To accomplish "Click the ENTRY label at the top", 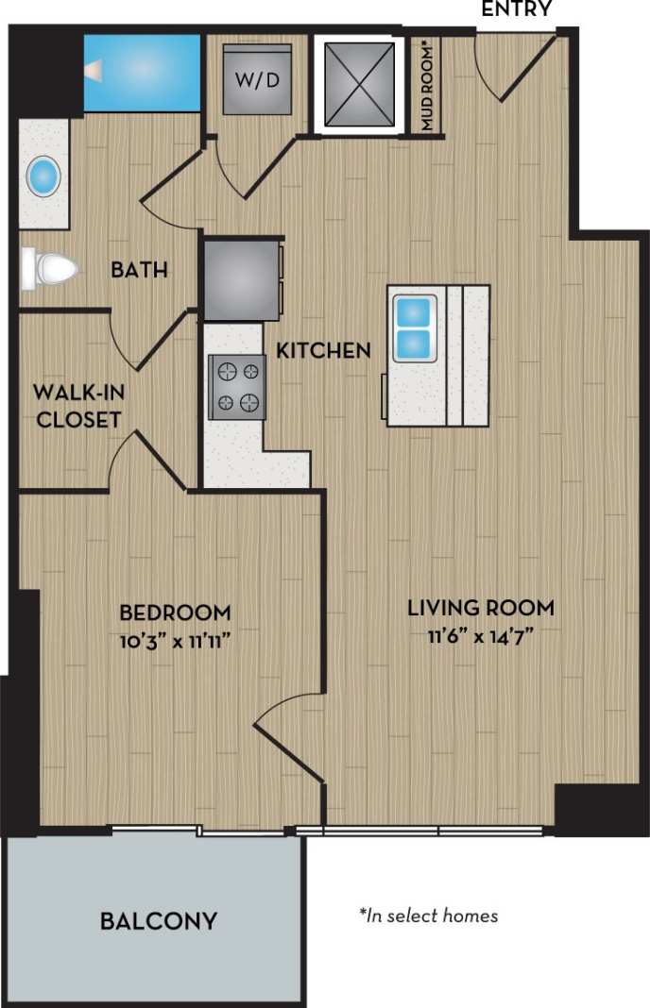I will pyautogui.click(x=516, y=9).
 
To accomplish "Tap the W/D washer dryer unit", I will pyautogui.click(x=257, y=79).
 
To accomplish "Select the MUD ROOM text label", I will pyautogui.click(x=428, y=86).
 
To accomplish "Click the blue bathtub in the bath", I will pyautogui.click(x=143, y=72).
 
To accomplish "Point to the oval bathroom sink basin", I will pyautogui.click(x=44, y=176).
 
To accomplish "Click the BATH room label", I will pyautogui.click(x=139, y=271).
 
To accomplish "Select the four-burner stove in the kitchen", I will pyautogui.click(x=236, y=388).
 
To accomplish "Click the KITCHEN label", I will pyautogui.click(x=323, y=351).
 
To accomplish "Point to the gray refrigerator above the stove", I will pyautogui.click(x=242, y=280).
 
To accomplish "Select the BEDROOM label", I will pyautogui.click(x=175, y=612).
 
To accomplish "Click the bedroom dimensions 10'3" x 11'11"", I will pyautogui.click(x=175, y=641).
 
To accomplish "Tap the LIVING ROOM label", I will pyautogui.click(x=481, y=606).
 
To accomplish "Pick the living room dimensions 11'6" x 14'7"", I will pyautogui.click(x=481, y=636).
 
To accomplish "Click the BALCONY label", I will pyautogui.click(x=159, y=920).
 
